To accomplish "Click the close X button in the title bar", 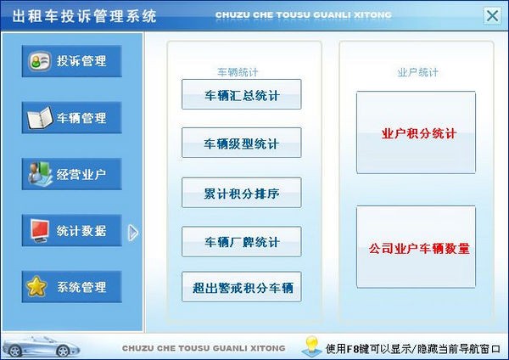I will pos(491,15).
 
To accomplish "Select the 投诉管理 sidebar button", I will pos(72,61).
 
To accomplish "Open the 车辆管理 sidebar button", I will pos(72,118).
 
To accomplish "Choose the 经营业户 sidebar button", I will pos(72,174).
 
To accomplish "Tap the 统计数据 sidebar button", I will pos(72,230).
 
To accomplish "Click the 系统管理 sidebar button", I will pos(72,287).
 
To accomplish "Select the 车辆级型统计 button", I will pos(242,143).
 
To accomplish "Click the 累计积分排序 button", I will pos(242,193).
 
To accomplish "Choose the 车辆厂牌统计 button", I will pos(242,242).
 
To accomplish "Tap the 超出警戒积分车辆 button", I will pos(242,288).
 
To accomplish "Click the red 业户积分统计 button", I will pos(416,133).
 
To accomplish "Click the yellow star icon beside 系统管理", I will pos(36,287).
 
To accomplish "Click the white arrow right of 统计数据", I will pos(133,232).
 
